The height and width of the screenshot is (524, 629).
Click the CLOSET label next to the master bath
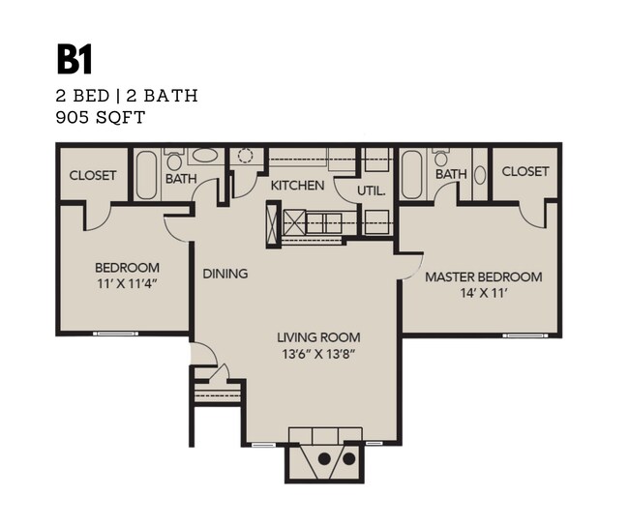point(524,171)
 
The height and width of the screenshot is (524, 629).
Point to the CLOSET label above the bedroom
point(93,175)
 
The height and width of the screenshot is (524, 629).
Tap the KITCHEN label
point(297,185)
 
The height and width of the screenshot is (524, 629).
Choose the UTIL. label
point(372,190)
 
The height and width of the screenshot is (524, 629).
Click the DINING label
point(225,274)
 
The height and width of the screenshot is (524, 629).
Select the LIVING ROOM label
point(318,337)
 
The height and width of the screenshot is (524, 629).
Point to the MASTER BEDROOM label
point(484,277)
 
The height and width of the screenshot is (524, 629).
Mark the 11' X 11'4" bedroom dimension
point(127,284)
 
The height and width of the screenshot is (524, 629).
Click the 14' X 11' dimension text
point(484,294)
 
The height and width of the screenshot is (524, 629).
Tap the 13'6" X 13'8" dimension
point(318,354)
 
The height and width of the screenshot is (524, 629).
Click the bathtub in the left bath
point(146,175)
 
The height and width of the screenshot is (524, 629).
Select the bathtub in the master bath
point(411,175)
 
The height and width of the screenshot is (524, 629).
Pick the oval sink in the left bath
point(204,156)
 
